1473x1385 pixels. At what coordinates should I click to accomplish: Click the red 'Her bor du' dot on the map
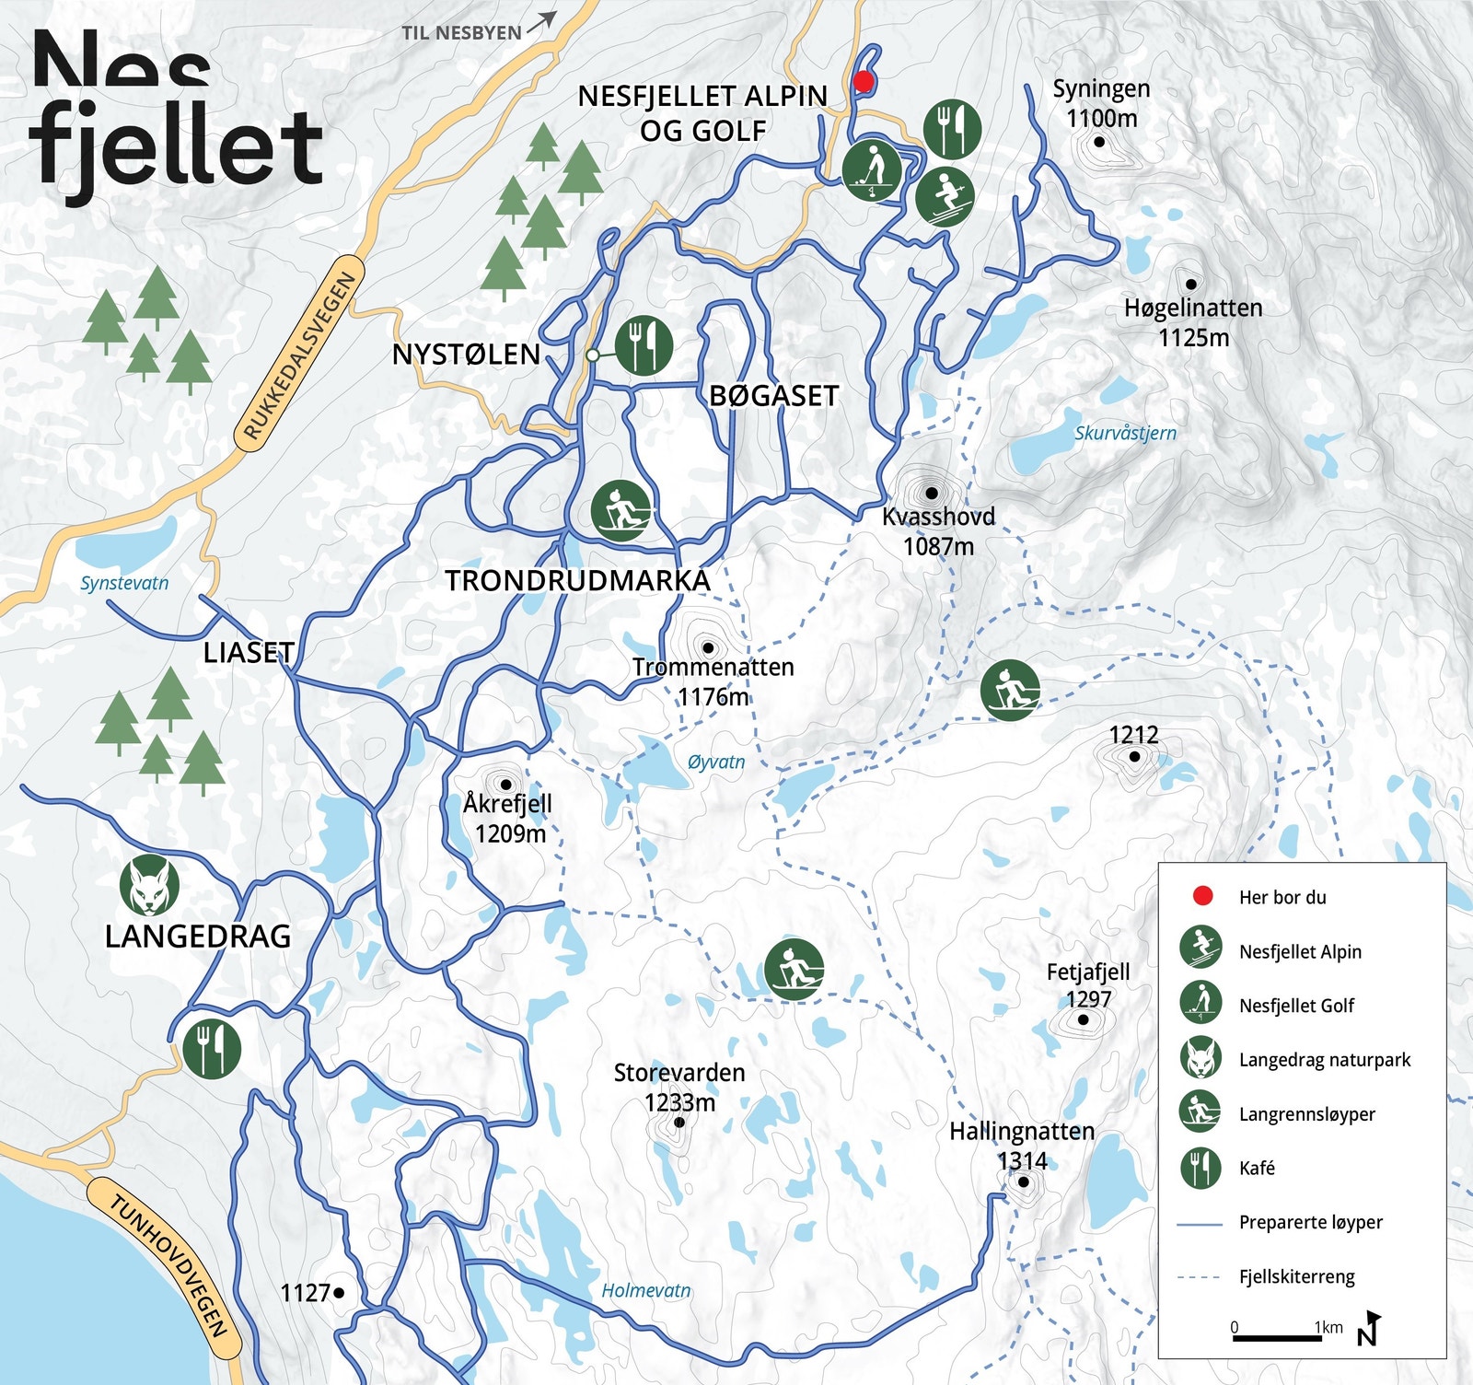point(863,81)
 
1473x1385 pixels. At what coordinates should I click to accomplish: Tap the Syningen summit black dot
point(1099,142)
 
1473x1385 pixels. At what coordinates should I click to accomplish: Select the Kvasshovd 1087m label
point(938,530)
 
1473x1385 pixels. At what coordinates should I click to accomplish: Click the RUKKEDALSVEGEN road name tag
point(299,355)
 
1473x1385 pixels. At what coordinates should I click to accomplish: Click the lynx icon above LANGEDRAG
point(149,885)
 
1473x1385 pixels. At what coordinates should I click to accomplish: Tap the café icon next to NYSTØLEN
point(644,345)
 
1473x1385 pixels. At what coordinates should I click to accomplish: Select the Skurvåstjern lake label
point(1125,433)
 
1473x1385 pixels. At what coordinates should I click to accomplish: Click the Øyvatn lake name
point(716,762)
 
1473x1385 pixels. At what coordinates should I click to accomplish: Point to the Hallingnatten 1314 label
point(1022,1145)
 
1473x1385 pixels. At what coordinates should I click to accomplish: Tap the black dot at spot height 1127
point(339,1293)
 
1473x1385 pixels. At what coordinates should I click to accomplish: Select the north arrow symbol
point(1370,1328)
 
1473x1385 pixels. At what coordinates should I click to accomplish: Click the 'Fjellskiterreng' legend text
point(1296,1276)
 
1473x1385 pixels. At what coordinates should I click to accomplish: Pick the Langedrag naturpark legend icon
point(1200,1058)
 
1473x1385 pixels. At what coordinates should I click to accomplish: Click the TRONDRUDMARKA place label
point(578,581)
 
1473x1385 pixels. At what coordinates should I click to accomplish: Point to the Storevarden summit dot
point(679,1122)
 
